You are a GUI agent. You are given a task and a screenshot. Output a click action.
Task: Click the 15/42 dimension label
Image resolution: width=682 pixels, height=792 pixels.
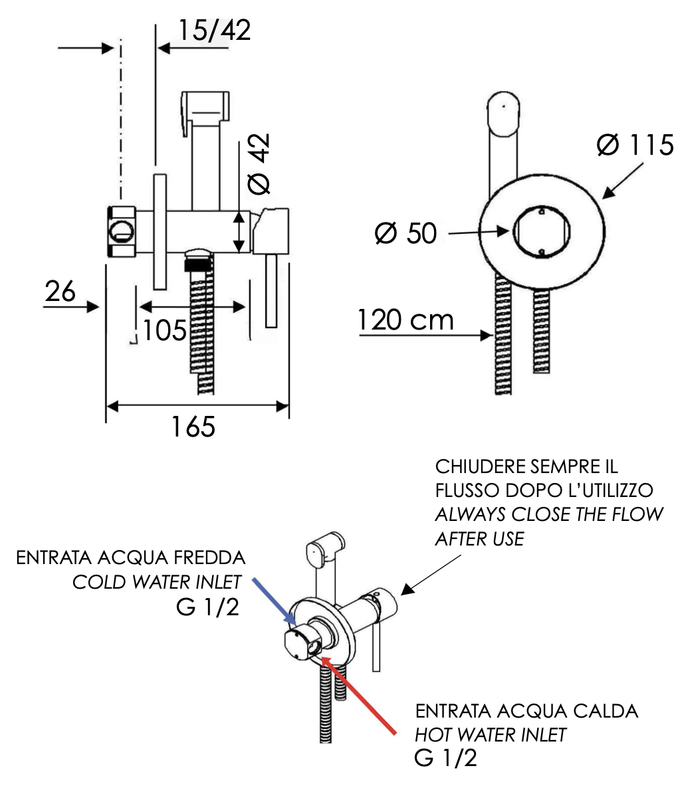point(214,30)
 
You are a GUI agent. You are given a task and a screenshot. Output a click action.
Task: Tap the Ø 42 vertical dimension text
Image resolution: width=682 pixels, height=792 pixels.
point(259,164)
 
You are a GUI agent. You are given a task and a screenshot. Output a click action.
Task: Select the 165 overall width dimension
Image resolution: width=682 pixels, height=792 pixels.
point(193,427)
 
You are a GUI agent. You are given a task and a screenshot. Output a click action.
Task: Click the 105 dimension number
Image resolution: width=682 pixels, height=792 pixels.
point(165,330)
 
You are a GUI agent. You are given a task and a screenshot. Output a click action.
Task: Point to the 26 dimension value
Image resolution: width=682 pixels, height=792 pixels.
point(60,291)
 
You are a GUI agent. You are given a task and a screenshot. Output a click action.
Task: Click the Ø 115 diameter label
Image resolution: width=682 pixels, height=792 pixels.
point(634,146)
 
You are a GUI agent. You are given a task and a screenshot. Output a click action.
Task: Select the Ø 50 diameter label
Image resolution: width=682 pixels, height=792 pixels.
point(405,233)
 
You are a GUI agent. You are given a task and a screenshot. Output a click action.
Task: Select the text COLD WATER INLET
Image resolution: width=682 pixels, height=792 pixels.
point(157,582)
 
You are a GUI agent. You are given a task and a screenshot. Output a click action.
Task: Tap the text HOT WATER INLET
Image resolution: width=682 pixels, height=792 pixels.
point(491,735)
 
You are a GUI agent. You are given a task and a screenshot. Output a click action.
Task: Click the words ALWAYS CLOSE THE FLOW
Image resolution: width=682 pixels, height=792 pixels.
point(549,514)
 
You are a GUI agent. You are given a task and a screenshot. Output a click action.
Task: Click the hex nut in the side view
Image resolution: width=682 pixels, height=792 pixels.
point(122,231)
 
